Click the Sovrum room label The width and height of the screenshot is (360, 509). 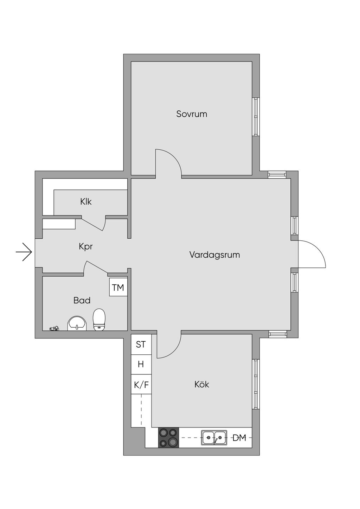(192, 114)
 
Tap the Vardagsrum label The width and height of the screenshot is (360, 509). (214, 254)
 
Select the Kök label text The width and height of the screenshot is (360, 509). (201, 384)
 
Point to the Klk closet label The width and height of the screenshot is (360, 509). (86, 201)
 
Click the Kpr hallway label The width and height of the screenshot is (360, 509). (86, 246)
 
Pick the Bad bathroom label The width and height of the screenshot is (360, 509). (82, 300)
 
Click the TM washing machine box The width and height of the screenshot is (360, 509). (118, 287)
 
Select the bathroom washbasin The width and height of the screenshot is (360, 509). (77, 323)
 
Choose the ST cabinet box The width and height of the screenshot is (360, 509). (141, 344)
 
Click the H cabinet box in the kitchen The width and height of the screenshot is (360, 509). (141, 365)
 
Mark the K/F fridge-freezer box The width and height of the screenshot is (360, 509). (141, 385)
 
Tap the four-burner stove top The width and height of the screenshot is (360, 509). (168, 438)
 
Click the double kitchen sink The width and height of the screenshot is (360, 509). (214, 438)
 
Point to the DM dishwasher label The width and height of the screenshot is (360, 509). (239, 438)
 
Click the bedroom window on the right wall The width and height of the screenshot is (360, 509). (256, 117)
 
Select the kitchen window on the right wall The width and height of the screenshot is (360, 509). (256, 384)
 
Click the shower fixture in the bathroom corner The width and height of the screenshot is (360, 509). (54, 329)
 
